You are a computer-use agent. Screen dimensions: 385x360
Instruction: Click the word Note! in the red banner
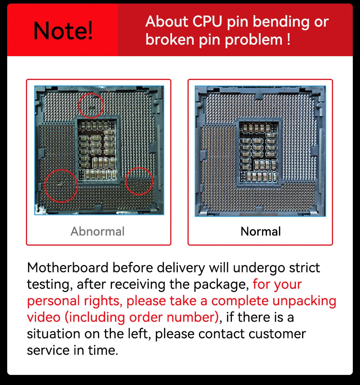tap(63, 31)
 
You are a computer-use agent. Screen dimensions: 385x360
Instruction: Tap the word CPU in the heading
tap(208, 22)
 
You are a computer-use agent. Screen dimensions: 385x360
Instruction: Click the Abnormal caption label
tap(98, 231)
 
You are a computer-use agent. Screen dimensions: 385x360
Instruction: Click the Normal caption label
tap(261, 231)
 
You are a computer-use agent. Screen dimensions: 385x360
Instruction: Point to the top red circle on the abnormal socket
tap(91, 106)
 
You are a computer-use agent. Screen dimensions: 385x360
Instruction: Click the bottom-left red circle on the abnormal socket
tap(61, 185)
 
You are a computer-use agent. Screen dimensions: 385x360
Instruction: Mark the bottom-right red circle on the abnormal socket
tap(139, 181)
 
